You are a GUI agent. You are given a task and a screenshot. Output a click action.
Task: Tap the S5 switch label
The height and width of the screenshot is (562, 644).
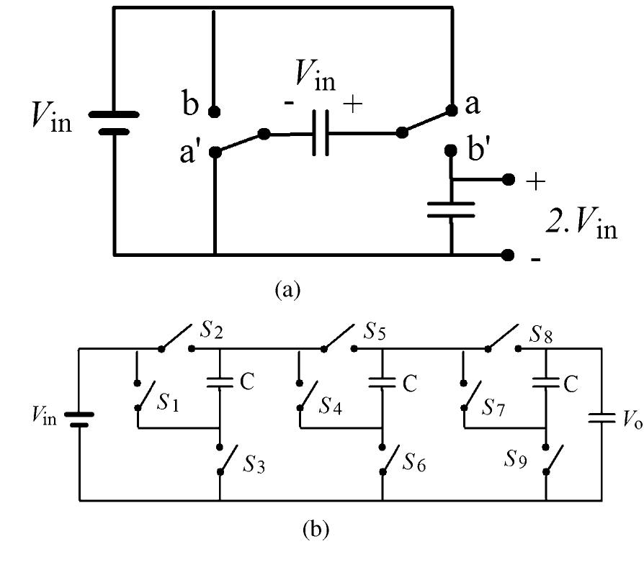(373, 333)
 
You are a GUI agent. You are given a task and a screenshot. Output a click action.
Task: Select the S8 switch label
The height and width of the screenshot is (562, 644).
(542, 334)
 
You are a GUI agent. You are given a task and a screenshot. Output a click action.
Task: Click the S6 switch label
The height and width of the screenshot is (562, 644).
(413, 464)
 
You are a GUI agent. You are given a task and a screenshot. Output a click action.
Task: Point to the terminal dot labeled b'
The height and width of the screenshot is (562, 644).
(452, 151)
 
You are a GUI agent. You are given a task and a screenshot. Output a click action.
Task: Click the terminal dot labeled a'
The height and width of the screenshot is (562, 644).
(215, 152)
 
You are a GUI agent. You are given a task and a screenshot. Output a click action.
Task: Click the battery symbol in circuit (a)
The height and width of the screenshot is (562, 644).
(113, 122)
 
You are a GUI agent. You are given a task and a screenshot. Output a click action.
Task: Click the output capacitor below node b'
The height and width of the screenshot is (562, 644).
(452, 209)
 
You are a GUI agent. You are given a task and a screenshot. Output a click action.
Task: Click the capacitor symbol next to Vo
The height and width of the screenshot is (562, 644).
(601, 418)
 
